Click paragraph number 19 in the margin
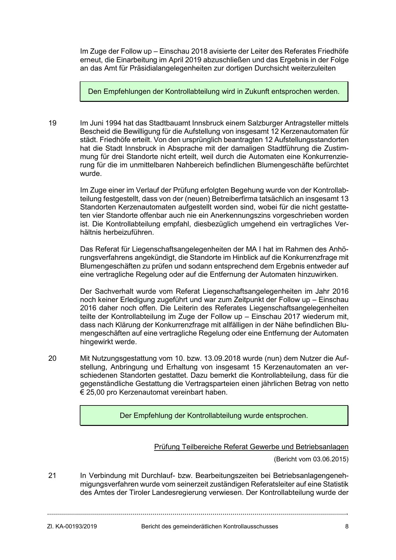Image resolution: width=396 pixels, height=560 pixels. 52,123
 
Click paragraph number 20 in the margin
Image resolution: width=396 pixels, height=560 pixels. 52,358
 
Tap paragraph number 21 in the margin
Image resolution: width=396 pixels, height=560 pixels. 52,475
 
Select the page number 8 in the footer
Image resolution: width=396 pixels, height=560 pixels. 347,526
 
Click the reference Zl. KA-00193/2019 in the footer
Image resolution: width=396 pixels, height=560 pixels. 72,526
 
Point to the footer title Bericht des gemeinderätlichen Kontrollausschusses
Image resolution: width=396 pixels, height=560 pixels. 210,526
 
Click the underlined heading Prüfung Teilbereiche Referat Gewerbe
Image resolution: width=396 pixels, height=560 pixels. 251,447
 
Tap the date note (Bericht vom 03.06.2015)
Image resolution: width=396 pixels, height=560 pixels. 311,459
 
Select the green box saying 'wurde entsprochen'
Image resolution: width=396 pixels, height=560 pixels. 214,415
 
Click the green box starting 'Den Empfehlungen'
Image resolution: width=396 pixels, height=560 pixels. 214,92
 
